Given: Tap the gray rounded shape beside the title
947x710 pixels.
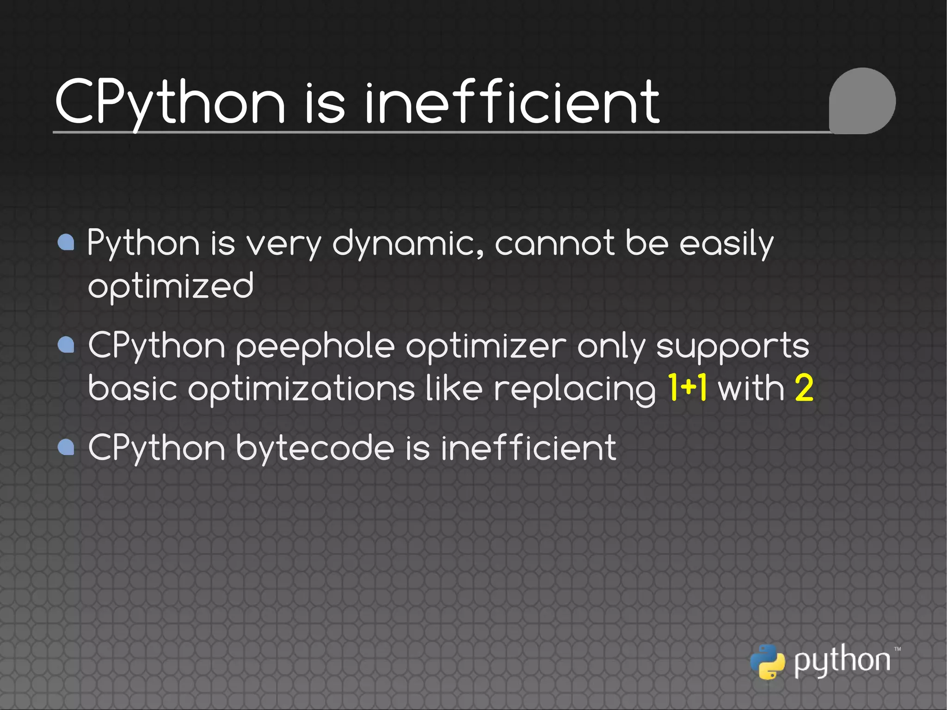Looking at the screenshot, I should click(862, 101).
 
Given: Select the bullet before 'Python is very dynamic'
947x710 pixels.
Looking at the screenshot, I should click(67, 242).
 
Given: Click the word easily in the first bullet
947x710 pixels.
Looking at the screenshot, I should click(726, 243).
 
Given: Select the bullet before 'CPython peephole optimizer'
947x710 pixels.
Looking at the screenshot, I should click(67, 345).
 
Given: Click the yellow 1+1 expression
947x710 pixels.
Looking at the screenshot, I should click(688, 388).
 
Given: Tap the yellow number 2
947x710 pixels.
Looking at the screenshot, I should click(804, 388).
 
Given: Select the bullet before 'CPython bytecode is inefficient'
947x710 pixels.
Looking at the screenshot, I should click(67, 447).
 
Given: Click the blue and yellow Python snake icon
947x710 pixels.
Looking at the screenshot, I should click(767, 662).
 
